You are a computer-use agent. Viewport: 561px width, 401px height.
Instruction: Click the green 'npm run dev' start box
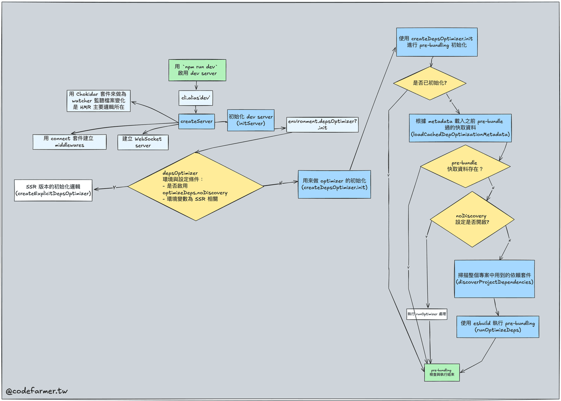point(196,70)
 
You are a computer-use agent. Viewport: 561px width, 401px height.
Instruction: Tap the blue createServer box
point(196,121)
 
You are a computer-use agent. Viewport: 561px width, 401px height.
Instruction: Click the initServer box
point(250,120)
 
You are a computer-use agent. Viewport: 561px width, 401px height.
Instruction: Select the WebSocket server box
point(143,142)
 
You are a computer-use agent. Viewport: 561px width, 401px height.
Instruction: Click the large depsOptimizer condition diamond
point(196,186)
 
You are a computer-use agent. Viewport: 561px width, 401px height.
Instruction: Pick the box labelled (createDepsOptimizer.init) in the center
point(334,184)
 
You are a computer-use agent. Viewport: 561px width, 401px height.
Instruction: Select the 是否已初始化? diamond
point(430,83)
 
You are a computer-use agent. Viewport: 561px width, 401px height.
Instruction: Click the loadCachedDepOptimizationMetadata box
point(460,128)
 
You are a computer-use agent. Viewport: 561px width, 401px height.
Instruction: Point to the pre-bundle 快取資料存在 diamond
point(465,165)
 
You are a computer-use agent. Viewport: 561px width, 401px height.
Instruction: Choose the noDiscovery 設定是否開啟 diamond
point(472,219)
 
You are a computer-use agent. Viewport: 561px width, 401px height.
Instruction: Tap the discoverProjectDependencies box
point(494,279)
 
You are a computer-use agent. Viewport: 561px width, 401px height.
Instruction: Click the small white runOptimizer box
point(427,315)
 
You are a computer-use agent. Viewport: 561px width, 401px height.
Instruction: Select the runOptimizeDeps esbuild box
point(497,326)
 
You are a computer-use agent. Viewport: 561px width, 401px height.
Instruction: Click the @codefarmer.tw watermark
point(33,391)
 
